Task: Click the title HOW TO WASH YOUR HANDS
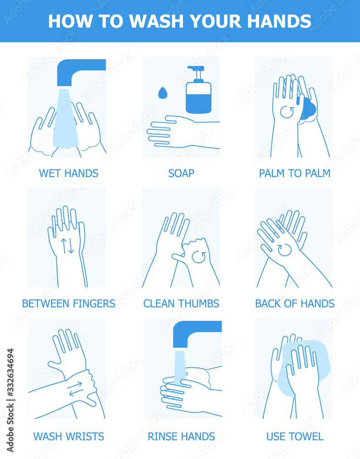coord(180,21)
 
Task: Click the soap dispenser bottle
coord(198,94)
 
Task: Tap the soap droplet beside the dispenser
coord(162,93)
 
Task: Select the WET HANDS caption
coord(68,173)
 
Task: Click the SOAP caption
coord(181,173)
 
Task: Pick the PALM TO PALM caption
coord(294,173)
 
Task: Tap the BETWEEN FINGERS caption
coord(68,303)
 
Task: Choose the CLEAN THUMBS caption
coord(181,303)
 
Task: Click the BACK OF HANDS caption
coord(294,303)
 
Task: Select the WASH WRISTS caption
coord(68,436)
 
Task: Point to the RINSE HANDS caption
coord(181,436)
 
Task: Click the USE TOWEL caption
coord(294,436)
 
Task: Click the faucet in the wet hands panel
coord(78,69)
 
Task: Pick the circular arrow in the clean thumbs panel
coord(199,257)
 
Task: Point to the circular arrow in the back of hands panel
coord(284,249)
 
